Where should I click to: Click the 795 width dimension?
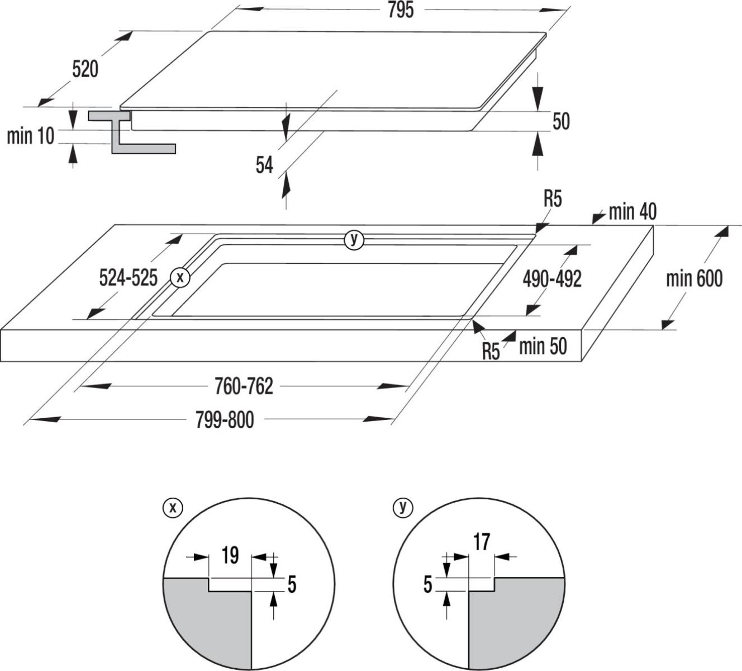pos(401,11)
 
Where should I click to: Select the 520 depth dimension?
pos(85,69)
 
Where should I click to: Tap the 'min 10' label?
pos(31,136)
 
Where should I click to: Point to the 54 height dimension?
pos(264,165)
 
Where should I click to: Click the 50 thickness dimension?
pos(560,121)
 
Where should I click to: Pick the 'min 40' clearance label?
pos(632,212)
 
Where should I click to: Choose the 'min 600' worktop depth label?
pos(694,278)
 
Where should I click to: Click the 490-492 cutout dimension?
pos(552,278)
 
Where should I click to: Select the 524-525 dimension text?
pos(128,277)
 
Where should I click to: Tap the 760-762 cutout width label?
pos(244,386)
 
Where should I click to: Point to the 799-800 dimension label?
pos(225,419)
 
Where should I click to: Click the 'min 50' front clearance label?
pos(542,346)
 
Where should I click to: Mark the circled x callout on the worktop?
pos(180,276)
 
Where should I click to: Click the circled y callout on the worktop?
pos(353,240)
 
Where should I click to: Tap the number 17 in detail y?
pos(482,542)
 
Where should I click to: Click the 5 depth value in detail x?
pos(291,584)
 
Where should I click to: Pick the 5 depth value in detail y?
pos(428,584)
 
